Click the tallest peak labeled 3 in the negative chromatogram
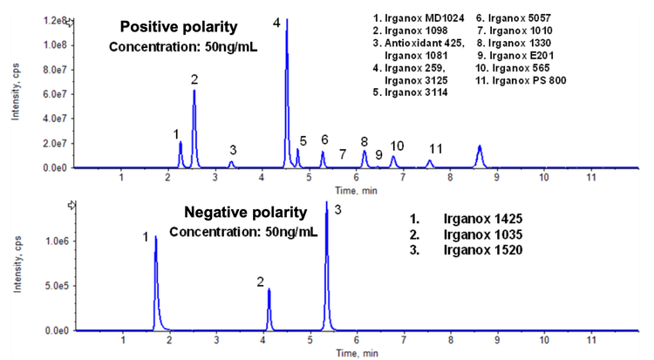point(327,262)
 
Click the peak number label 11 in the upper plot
point(436,149)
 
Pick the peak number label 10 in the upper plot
point(397,146)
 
